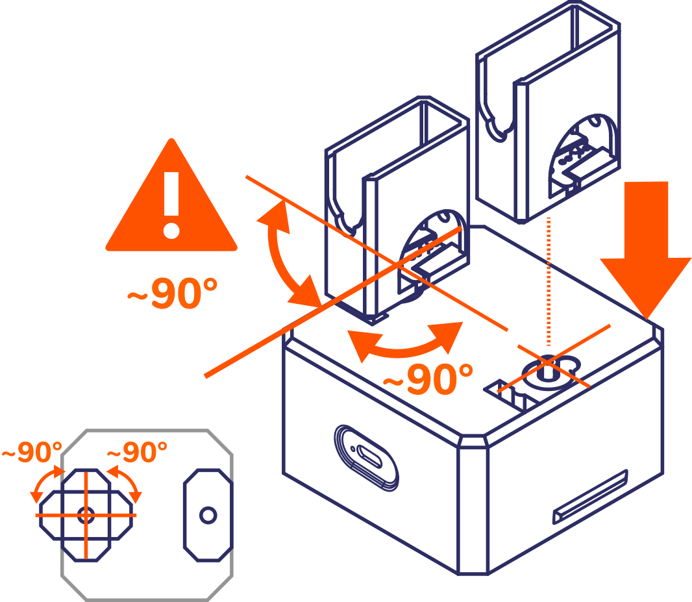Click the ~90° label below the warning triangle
pyautogui.click(x=172, y=294)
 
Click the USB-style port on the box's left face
pyautogui.click(x=365, y=457)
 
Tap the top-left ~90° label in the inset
pyautogui.click(x=31, y=452)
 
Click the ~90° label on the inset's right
pyautogui.click(x=136, y=452)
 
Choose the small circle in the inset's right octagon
pyautogui.click(x=208, y=515)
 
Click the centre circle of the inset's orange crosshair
pyautogui.click(x=86, y=515)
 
